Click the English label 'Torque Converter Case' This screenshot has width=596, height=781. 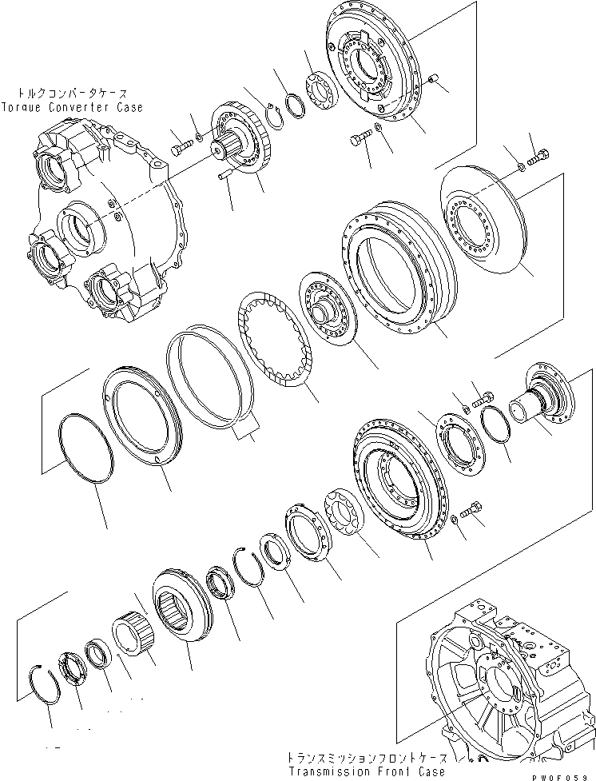pos(73,106)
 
